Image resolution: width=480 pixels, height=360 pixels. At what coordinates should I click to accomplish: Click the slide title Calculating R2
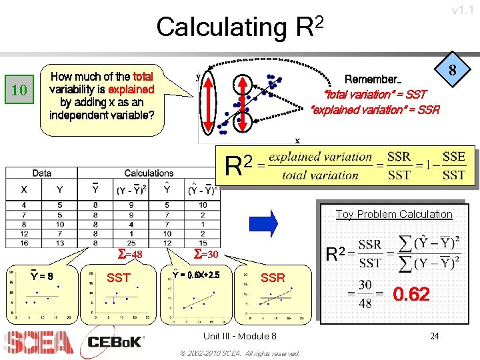coord(240,26)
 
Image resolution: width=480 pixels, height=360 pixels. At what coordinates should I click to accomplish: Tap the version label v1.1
coord(463,10)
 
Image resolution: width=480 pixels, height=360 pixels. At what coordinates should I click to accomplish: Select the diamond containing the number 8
coord(457,70)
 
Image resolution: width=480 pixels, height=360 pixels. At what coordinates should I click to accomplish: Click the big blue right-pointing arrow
coord(263,223)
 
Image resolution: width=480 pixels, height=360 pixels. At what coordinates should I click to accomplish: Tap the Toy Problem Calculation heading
coord(393,214)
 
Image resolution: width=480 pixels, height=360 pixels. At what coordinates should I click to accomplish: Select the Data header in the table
coord(41,173)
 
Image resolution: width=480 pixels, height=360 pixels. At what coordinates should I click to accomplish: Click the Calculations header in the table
coord(149,173)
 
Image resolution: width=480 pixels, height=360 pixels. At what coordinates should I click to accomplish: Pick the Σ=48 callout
coord(130,255)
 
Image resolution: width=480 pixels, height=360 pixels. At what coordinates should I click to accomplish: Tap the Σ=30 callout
coord(206,254)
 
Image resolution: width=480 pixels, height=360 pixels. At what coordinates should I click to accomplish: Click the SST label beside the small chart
coord(119,277)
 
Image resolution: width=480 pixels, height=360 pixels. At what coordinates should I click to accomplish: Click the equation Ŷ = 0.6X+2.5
coord(196,274)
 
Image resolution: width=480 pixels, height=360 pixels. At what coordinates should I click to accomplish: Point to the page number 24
coord(434,336)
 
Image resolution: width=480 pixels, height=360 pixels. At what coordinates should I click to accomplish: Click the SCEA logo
coord(38,342)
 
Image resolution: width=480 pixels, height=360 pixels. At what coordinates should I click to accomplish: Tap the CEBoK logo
coord(115,341)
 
